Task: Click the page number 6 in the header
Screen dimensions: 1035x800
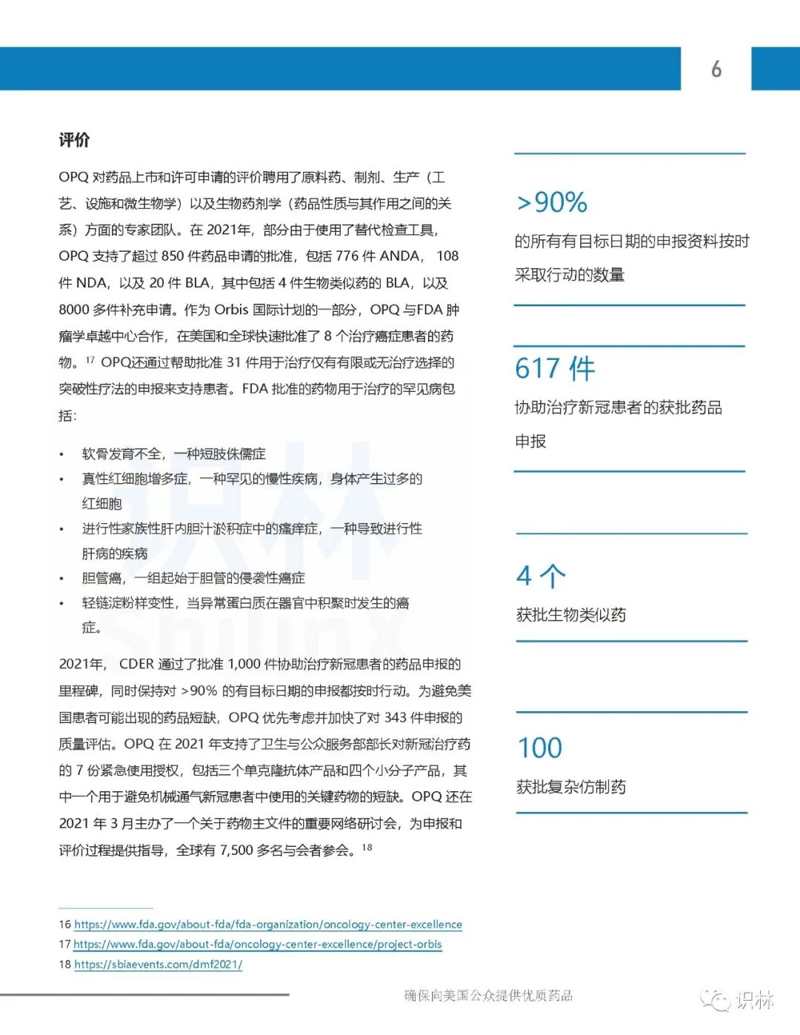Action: pos(716,69)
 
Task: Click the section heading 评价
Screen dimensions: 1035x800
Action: pos(74,140)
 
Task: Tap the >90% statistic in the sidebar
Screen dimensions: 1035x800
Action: pos(552,202)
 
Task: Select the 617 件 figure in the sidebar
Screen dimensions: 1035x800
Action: pos(555,368)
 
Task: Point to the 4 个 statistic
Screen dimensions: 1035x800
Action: pos(541,576)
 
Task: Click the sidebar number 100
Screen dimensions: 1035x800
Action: pos(540,748)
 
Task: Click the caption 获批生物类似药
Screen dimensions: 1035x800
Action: pos(571,615)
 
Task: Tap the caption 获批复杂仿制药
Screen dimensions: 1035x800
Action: pos(571,787)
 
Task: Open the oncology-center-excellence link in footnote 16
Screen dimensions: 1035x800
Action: pos(268,925)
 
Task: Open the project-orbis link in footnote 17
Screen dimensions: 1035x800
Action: pos(258,945)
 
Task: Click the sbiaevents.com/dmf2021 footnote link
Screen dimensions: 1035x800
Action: pos(159,965)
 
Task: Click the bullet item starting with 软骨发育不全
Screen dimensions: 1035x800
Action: pos(173,454)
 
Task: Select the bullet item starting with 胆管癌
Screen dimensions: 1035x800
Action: pos(193,579)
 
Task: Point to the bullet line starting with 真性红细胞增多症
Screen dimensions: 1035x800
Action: pos(252,479)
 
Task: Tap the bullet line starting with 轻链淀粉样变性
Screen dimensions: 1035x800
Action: pos(245,603)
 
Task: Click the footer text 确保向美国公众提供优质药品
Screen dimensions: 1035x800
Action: pos(488,996)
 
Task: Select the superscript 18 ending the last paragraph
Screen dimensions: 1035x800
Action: pos(367,847)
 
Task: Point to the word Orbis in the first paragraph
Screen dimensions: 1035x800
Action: pos(231,310)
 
